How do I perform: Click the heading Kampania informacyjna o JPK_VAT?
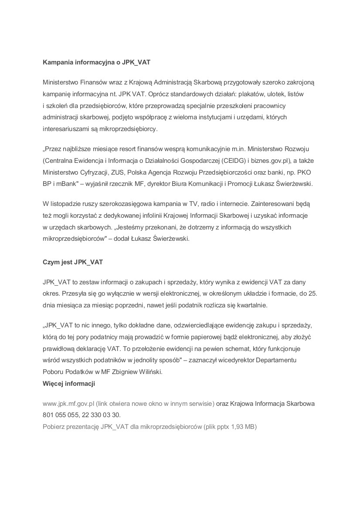96,62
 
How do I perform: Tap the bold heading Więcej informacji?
69,384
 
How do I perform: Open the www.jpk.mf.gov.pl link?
68,404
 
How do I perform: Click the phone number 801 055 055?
61,415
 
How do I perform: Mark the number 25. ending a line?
312,293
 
